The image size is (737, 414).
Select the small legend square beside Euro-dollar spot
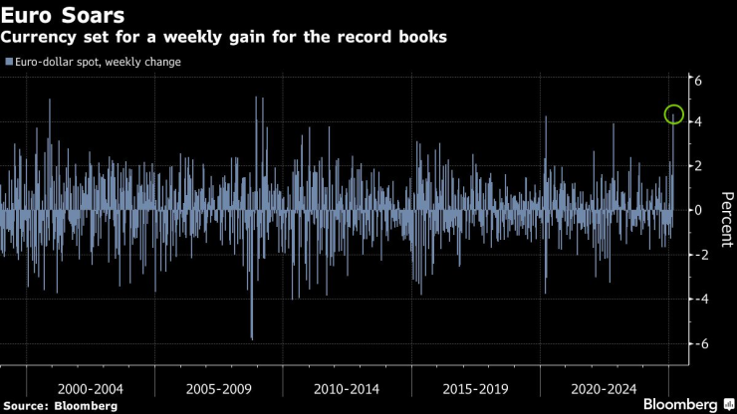8,62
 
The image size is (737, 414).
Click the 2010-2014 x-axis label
346,383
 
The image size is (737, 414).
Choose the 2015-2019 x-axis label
474,383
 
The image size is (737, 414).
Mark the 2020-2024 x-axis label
603,383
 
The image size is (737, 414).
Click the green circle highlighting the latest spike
674,115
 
